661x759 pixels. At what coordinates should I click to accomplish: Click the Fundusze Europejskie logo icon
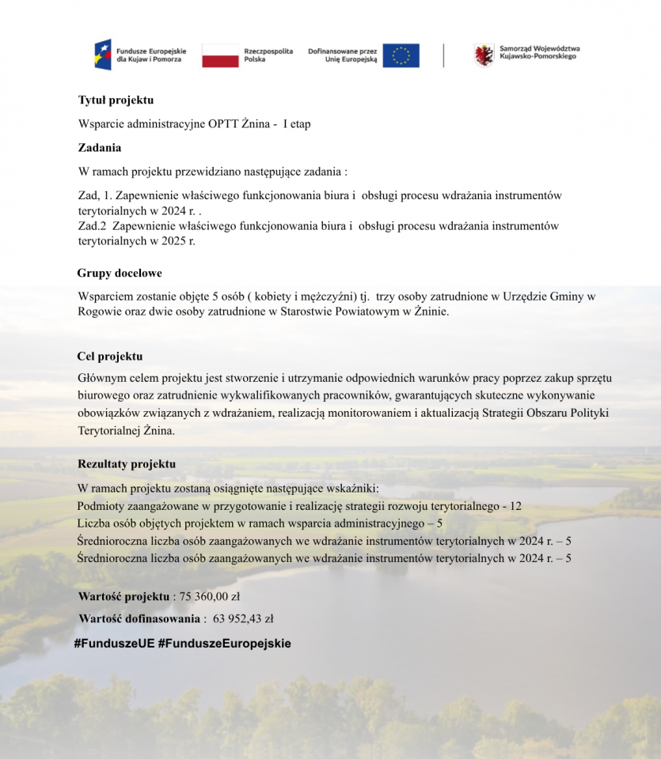[x=104, y=55]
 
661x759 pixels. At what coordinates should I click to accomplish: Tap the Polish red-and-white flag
[x=220, y=55]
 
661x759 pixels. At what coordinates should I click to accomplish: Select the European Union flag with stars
[x=401, y=55]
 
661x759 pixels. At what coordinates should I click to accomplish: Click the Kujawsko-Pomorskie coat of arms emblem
[x=484, y=55]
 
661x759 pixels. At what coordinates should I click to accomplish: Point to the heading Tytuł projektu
[x=116, y=100]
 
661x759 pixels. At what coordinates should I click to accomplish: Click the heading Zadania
[x=100, y=148]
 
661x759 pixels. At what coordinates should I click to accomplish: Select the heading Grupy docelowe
[x=120, y=274]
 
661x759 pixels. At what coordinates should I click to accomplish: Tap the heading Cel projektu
[x=110, y=357]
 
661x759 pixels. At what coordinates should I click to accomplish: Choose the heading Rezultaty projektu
[x=127, y=464]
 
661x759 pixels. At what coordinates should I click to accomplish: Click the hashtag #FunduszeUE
[x=114, y=644]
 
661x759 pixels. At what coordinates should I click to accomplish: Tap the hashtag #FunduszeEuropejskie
[x=225, y=644]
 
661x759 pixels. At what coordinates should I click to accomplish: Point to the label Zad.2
[x=92, y=226]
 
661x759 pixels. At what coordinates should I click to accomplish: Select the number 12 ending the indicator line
[x=515, y=506]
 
